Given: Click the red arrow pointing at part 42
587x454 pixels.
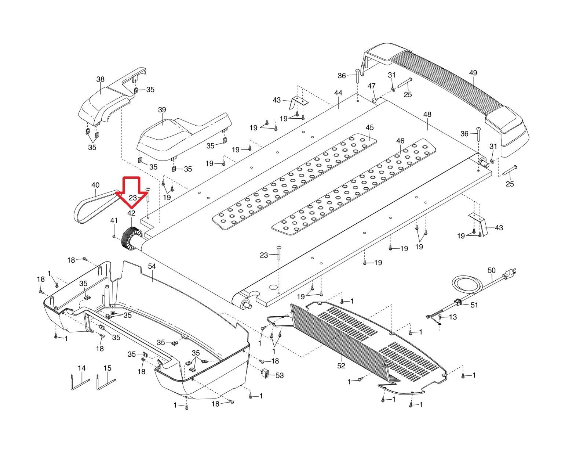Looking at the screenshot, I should pos(131,191).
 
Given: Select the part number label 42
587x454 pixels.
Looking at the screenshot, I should pos(131,213).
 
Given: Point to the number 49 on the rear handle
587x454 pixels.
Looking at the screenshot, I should pos(473,73).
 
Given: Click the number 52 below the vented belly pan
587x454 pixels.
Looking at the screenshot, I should pos(341,366).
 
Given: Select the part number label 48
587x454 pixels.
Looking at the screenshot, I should pos(427,115).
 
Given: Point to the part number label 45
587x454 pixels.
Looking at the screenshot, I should pos(369,127).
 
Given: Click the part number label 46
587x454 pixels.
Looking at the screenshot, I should pos(400,141).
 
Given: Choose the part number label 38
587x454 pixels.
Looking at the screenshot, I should pos(100,79).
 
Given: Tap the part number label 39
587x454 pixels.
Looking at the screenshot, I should pos(162,110).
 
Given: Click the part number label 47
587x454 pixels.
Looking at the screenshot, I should pos(372,86).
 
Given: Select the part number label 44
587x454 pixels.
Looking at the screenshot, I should pos(338,93).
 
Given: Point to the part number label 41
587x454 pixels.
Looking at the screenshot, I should pos(114,221).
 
